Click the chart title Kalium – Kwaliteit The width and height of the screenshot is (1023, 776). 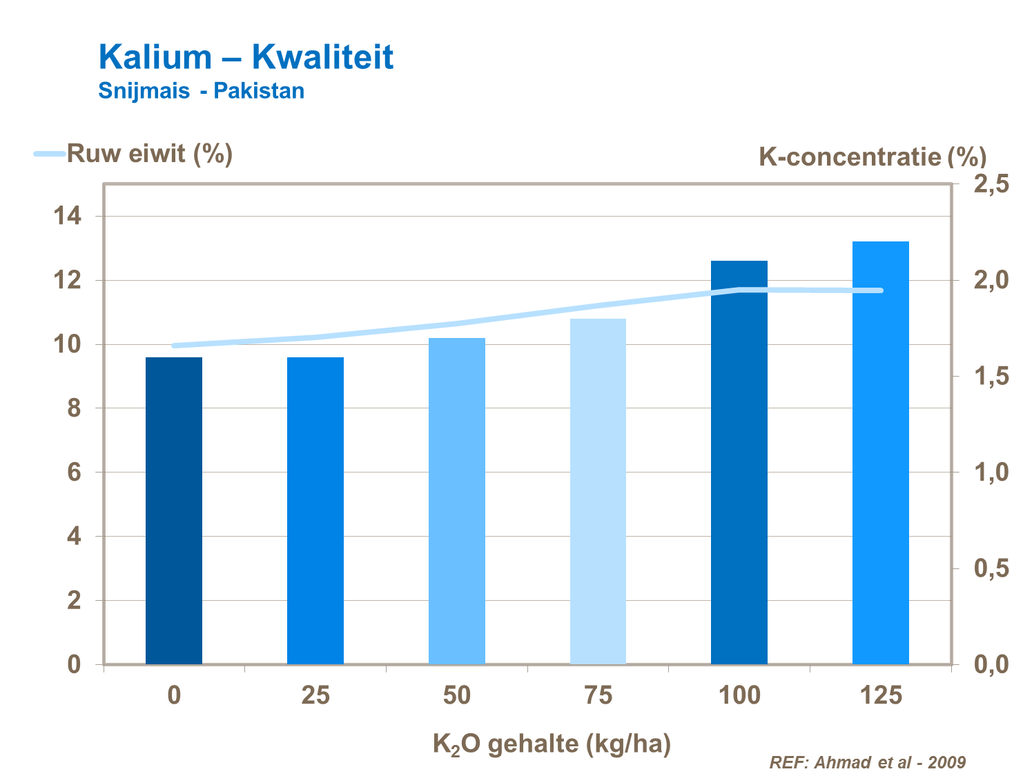coord(246,57)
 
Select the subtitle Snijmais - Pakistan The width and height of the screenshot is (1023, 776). coord(201,91)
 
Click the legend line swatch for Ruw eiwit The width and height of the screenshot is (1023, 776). coord(49,154)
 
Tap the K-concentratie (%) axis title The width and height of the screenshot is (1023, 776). coord(872,157)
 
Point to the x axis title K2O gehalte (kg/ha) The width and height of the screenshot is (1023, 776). coord(552,744)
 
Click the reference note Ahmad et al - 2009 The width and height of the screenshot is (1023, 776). coord(867,762)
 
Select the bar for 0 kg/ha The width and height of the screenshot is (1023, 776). coord(174,510)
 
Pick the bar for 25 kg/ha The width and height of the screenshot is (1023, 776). coord(315,510)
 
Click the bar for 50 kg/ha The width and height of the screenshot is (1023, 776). coord(457,501)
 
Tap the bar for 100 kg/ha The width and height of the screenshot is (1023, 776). coord(739,462)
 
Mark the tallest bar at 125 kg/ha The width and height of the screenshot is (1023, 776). coord(881,452)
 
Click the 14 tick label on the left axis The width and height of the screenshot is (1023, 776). coord(68,217)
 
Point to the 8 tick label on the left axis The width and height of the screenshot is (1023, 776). coord(74,408)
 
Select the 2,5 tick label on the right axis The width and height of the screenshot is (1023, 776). coord(991,184)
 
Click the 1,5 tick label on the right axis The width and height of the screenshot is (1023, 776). coord(991,377)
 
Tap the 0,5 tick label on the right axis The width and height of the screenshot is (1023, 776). coord(991,569)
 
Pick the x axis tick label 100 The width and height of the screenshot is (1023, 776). coord(739,695)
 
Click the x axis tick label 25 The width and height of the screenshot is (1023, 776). coord(315,695)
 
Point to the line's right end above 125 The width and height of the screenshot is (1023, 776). coord(881,290)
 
